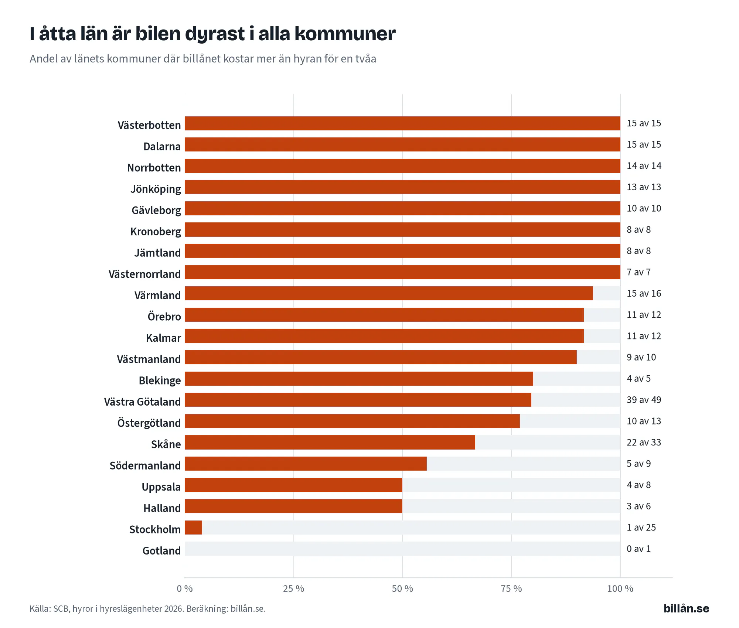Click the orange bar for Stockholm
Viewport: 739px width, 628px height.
point(193,528)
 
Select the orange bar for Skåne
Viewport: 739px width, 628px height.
point(330,443)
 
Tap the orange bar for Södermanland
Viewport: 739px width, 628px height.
point(306,464)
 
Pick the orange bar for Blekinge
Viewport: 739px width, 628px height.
point(359,379)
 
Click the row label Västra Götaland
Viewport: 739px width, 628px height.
point(142,402)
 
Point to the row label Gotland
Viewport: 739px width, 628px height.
point(161,551)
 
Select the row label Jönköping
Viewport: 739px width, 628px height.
point(156,189)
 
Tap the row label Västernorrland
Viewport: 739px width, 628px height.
point(144,274)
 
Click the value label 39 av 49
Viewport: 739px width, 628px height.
point(644,400)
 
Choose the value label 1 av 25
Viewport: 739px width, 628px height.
point(641,528)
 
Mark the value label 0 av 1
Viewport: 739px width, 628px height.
point(638,549)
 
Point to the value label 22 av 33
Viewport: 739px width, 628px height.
point(644,442)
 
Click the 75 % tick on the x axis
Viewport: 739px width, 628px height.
point(511,588)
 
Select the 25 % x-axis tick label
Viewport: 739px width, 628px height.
point(293,588)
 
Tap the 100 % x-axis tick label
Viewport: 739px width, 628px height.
point(620,588)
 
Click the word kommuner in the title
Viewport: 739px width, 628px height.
point(345,34)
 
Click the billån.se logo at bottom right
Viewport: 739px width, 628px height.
point(686,608)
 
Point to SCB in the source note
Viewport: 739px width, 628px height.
point(61,609)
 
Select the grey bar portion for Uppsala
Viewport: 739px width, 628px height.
point(511,485)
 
